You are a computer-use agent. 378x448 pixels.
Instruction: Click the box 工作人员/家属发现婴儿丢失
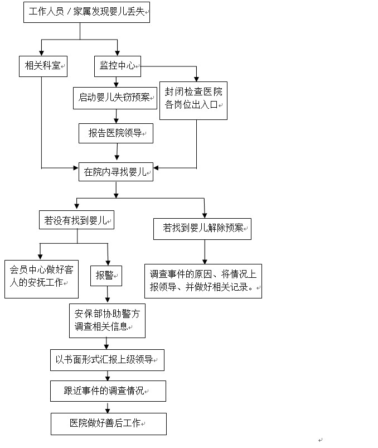[87, 12]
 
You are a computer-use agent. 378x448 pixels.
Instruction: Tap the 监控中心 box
[117, 66]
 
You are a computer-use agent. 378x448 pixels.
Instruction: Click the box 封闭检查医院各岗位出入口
[193, 98]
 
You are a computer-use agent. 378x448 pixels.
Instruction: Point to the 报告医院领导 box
[115, 133]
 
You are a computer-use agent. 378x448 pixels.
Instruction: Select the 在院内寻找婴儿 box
[115, 171]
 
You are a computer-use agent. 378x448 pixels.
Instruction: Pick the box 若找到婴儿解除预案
[202, 228]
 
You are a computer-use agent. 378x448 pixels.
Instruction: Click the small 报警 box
[106, 275]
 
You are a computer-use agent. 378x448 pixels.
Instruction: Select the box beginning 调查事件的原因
[203, 281]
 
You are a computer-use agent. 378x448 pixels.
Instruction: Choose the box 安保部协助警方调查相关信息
[107, 320]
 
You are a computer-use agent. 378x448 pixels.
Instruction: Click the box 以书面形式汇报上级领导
[106, 360]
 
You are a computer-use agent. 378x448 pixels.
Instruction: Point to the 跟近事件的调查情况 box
[108, 391]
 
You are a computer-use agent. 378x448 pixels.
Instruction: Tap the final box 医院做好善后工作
[108, 423]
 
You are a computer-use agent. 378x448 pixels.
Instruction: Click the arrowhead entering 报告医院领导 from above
[117, 121]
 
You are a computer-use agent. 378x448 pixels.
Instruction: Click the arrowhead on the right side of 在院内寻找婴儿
[157, 167]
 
